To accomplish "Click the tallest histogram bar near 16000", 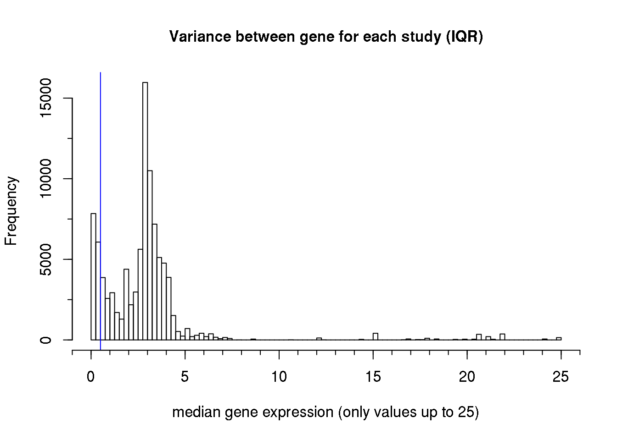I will (145, 211).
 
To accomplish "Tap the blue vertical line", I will (101, 183).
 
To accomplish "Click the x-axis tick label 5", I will (185, 377).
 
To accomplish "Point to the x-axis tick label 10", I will (279, 377).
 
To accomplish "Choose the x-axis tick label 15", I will (373, 377).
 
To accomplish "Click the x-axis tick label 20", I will (467, 377).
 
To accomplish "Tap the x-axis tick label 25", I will (561, 377).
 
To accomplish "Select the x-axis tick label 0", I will (91, 377).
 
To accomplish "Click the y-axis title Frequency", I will (11, 211).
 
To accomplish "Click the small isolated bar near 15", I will (376, 336).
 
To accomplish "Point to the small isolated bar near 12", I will (319, 339).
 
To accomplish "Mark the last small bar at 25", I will (559, 339).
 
